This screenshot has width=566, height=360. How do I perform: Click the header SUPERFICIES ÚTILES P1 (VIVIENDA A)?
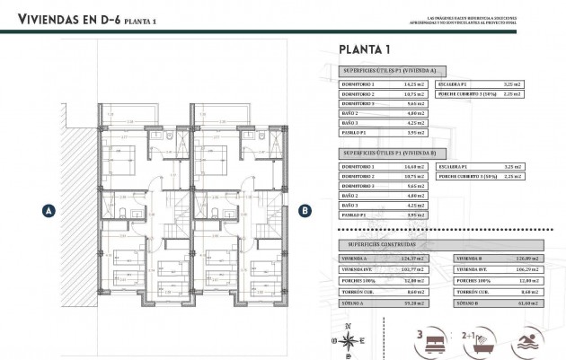click(x=389, y=69)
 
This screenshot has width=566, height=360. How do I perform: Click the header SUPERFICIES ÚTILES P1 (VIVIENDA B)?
click(x=389, y=154)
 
